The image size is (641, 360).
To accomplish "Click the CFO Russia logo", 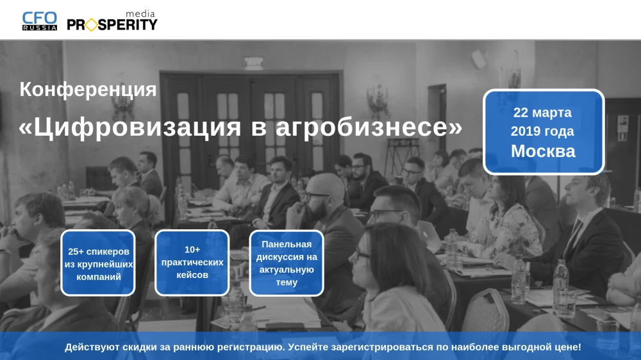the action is pos(39,21).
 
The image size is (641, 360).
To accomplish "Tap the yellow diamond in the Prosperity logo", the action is pos(91,25).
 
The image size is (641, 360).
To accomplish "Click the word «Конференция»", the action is pos(88,90).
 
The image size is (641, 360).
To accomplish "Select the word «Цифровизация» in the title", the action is pos(137,127).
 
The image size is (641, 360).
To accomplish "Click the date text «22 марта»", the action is pos(542,112).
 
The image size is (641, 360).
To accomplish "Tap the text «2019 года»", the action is pos(542,131).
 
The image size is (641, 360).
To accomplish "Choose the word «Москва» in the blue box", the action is pos(543,151).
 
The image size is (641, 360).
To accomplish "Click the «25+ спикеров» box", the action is pos(98,263).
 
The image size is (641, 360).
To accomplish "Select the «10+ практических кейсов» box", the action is pos(192,263).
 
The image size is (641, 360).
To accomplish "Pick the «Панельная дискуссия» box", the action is pos(287,263).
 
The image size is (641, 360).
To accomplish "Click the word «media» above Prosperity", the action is pos(140,14).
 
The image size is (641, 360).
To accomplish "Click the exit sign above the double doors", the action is pos(253,62).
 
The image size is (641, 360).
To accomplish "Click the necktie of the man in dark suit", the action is pos(574,238).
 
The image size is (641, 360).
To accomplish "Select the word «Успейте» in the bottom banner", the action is pos(308,347).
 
